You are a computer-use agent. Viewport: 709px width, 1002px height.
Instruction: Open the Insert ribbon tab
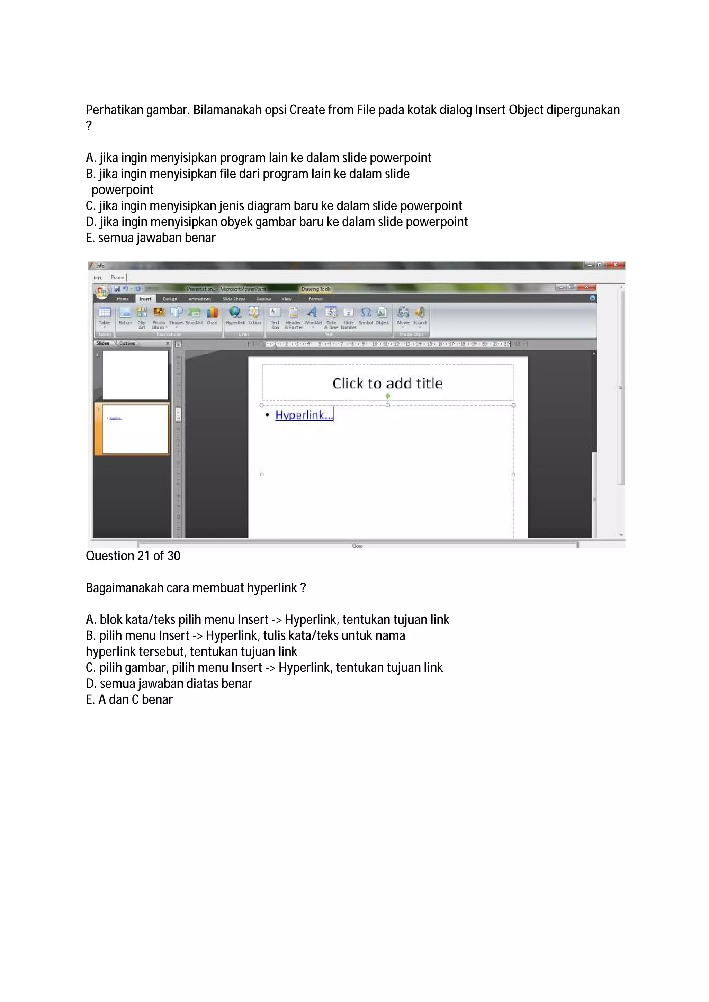tap(145, 299)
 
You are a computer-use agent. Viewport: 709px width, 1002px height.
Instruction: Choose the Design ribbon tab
tap(170, 299)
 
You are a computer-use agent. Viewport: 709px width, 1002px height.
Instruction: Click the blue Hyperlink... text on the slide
tap(304, 415)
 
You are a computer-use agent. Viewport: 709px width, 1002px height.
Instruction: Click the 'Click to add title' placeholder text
tap(387, 383)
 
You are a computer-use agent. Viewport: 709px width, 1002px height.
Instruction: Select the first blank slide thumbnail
tap(135, 375)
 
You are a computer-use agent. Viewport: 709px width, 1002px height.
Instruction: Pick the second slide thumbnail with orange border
tap(135, 429)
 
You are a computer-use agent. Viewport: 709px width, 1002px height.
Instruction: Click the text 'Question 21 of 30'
tap(133, 556)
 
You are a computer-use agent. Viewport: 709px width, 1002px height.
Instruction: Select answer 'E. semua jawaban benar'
tap(151, 238)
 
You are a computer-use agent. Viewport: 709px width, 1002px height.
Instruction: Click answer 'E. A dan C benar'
tap(129, 699)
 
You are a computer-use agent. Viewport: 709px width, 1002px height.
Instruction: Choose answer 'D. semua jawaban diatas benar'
tap(169, 684)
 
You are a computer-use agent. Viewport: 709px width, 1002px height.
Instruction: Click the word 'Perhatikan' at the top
tap(115, 110)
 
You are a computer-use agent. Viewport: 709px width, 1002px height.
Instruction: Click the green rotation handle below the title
tap(387, 396)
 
